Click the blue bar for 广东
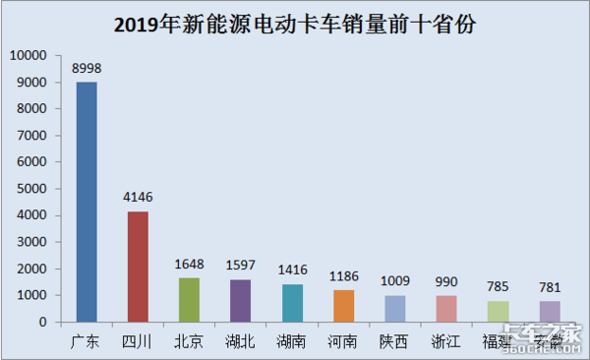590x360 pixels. [87, 202]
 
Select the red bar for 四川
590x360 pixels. [138, 266]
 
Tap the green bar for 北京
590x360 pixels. [189, 299]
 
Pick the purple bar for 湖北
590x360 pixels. [240, 300]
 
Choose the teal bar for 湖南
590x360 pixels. [292, 303]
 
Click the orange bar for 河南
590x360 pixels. [343, 306]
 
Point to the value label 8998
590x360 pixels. [87, 68]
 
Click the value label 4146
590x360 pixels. [138, 198]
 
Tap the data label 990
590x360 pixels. [445, 281]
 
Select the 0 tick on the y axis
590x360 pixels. [45, 322]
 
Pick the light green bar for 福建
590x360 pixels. [497, 311]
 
